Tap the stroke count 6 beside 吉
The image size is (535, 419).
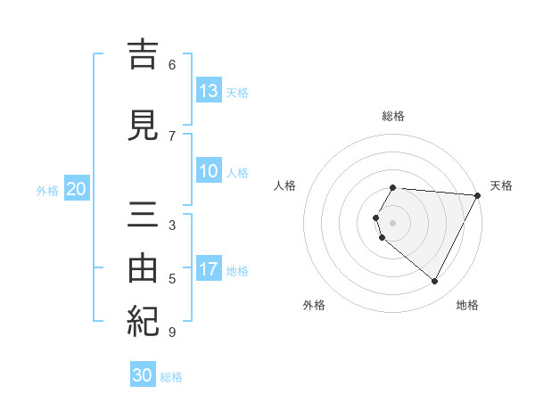pyautogui.click(x=172, y=64)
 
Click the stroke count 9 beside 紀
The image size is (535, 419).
pyautogui.click(x=172, y=333)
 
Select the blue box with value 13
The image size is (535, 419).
pyautogui.click(x=209, y=91)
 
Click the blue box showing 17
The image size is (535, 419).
pyautogui.click(x=209, y=269)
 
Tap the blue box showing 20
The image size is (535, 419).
pyautogui.click(x=77, y=189)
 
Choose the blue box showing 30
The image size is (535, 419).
pyautogui.click(x=143, y=375)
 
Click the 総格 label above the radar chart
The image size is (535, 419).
pyautogui.click(x=393, y=116)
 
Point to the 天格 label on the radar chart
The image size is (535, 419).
pyautogui.click(x=501, y=185)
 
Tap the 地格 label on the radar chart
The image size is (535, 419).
pyautogui.click(x=467, y=305)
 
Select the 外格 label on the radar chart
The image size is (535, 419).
pyautogui.click(x=314, y=305)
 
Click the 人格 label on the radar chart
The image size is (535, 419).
pyautogui.click(x=284, y=185)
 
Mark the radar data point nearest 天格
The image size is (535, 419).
pyautogui.click(x=478, y=194)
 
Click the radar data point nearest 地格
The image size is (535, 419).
pyautogui.click(x=435, y=281)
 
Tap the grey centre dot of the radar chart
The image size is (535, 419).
pyautogui.click(x=393, y=222)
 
